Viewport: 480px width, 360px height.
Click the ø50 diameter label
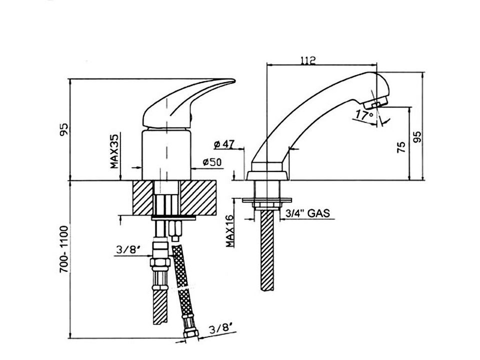pyautogui.click(x=212, y=162)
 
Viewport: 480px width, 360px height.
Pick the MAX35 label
pyautogui.click(x=114, y=150)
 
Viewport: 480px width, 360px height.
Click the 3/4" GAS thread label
pyautogui.click(x=306, y=213)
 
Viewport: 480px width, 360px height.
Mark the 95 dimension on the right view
pyautogui.click(x=417, y=136)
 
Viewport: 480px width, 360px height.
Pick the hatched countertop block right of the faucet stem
pyautogui.click(x=198, y=198)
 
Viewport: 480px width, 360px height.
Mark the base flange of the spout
pyautogui.click(x=268, y=175)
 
